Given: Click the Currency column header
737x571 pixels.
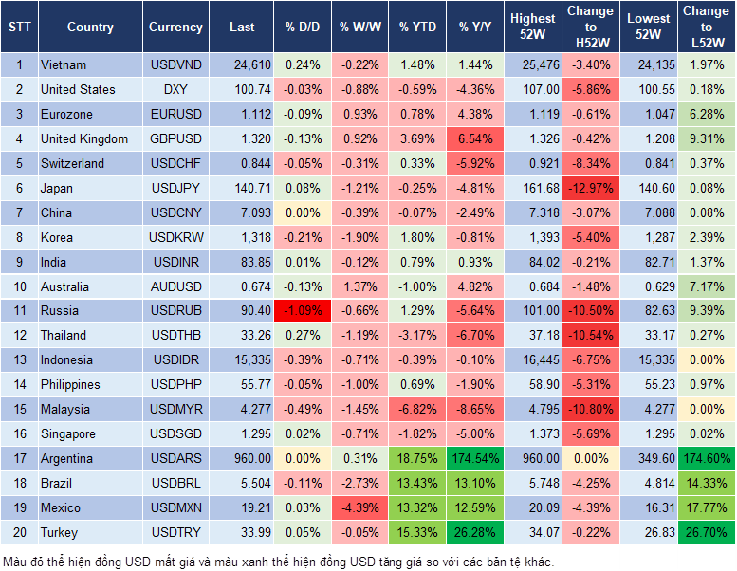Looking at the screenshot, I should (x=175, y=28).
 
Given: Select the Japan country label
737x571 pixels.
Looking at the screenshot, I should (x=56, y=188).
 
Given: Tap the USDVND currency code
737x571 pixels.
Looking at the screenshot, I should (x=175, y=64).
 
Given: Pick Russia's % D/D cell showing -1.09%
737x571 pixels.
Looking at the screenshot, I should (x=303, y=310).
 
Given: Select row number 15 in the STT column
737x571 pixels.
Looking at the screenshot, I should (x=19, y=409).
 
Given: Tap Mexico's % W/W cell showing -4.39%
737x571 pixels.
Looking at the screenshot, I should (x=359, y=507).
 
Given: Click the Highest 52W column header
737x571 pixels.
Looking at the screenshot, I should (x=533, y=28).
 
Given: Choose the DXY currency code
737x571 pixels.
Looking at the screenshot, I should (x=175, y=89).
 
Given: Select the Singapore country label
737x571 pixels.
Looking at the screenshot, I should (x=67, y=433).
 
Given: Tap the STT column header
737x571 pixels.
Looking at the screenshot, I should (x=19, y=28).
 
